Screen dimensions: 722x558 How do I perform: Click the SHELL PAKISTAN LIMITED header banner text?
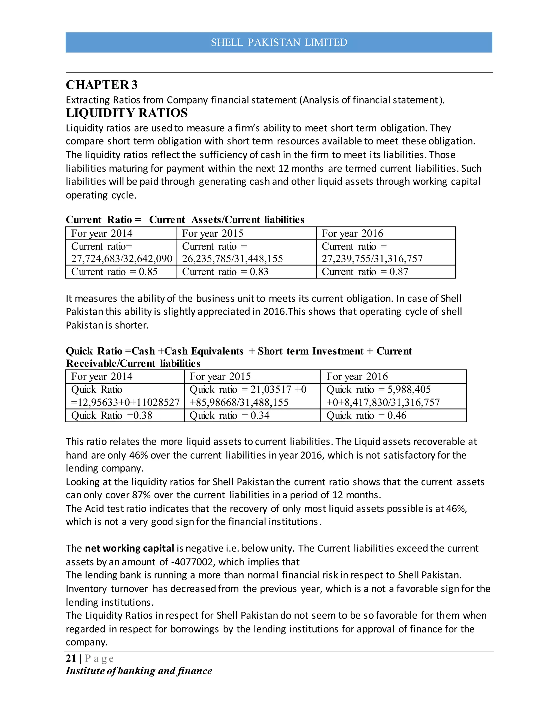[x=279, y=42]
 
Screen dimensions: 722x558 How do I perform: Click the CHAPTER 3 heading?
[x=101, y=85]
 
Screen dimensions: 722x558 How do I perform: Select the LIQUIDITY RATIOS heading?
[x=127, y=113]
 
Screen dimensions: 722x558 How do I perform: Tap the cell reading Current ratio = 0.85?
[x=114, y=272]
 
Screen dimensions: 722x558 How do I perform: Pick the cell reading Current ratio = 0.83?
[x=225, y=272]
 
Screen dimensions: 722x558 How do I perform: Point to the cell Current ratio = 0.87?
[x=365, y=272]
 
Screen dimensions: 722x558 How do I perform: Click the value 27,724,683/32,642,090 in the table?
[x=122, y=259]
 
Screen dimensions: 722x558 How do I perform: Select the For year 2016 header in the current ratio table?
[x=352, y=233]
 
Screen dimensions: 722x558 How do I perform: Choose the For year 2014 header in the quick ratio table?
[x=102, y=377]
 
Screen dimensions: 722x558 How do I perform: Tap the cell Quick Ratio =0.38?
[x=112, y=415]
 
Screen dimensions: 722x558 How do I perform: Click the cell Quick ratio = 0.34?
[x=229, y=415]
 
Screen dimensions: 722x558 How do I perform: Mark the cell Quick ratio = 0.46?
[x=366, y=415]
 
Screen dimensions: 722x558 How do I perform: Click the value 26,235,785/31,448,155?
[x=232, y=259]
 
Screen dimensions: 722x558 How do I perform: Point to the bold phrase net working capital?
[x=129, y=548]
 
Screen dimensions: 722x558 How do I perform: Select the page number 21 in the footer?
[x=71, y=658]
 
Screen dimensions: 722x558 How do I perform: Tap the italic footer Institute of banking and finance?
[x=139, y=671]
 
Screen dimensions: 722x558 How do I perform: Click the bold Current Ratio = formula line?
[x=185, y=220]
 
